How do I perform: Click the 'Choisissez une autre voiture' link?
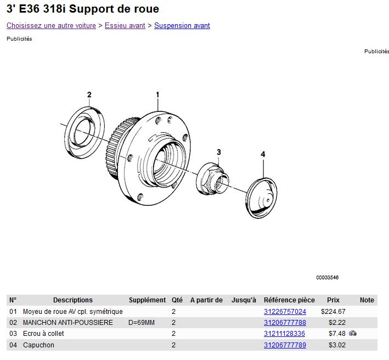coord(51,26)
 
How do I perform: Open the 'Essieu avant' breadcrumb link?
coord(125,26)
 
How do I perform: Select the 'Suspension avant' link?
coord(182,26)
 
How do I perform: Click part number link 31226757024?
coord(285,311)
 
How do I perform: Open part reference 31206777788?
coord(285,323)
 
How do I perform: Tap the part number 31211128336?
coord(284,334)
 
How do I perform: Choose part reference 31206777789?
coord(285,345)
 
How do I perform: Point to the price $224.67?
coord(333,311)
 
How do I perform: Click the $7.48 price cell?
coord(337,334)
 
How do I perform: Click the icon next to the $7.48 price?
coord(353,333)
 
